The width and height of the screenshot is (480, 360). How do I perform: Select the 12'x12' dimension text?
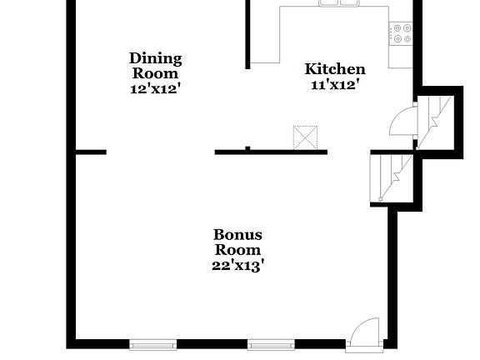(x=155, y=88)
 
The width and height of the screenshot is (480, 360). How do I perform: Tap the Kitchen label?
(x=334, y=69)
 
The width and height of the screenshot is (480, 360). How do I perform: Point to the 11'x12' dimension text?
(x=334, y=84)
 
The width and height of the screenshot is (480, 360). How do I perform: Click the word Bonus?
(x=237, y=234)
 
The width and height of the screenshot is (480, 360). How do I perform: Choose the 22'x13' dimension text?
(x=237, y=265)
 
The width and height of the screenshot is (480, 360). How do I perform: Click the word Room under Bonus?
(x=237, y=249)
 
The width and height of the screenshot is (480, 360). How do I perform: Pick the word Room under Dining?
(x=155, y=72)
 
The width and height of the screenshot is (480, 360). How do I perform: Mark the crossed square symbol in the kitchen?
(x=305, y=137)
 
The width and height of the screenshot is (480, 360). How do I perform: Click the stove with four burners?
(x=401, y=33)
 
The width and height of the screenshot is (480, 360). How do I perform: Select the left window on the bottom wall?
(x=152, y=343)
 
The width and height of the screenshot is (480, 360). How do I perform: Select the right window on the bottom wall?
(x=271, y=343)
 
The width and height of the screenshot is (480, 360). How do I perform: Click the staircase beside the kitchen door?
(x=435, y=122)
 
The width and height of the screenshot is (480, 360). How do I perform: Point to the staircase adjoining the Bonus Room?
(x=391, y=177)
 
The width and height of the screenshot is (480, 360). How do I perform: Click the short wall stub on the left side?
(x=91, y=152)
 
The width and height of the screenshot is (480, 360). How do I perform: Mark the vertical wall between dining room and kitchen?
(x=247, y=33)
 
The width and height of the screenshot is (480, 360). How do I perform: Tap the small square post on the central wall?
(x=247, y=148)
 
